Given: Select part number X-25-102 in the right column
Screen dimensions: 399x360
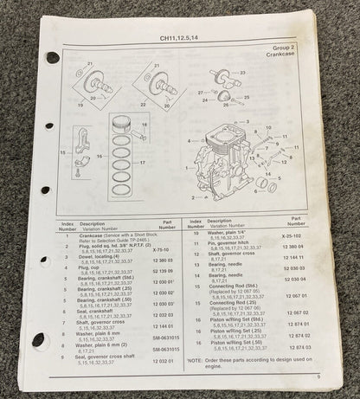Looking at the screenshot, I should click(297, 235).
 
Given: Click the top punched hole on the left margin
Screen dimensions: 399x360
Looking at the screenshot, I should click(53, 58).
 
